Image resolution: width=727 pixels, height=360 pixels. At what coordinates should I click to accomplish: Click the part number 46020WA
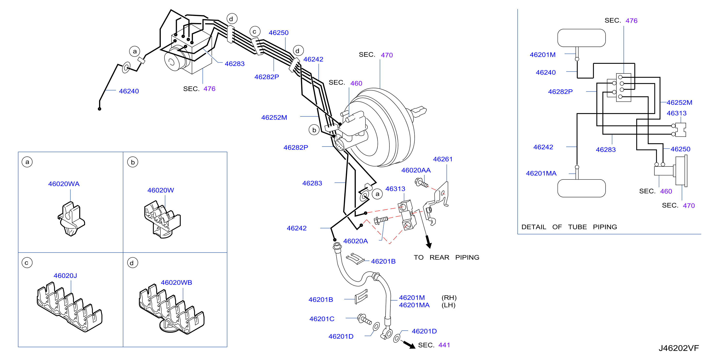click(x=64, y=184)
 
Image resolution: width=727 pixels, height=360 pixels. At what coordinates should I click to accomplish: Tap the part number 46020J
click(x=65, y=276)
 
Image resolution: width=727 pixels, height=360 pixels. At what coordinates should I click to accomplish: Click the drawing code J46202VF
click(x=679, y=348)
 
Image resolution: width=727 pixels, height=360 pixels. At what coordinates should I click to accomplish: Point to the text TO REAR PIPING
click(x=446, y=257)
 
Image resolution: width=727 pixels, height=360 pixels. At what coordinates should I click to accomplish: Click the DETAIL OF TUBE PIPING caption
click(x=569, y=227)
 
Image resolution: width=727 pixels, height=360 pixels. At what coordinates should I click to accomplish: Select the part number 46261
click(x=443, y=159)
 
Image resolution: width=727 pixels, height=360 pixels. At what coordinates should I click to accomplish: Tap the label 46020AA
click(x=416, y=170)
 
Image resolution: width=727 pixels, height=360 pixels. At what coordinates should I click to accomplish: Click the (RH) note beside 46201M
click(x=449, y=298)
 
